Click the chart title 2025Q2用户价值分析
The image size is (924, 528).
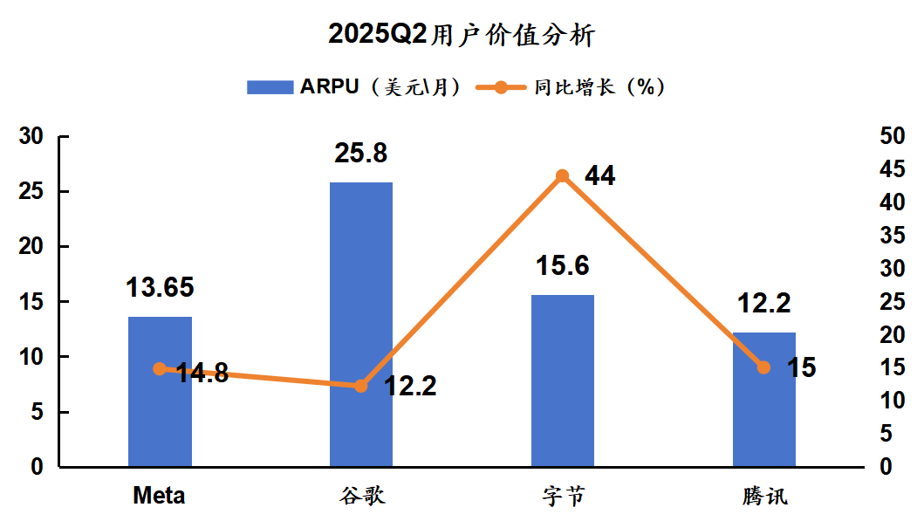pyautogui.click(x=462, y=35)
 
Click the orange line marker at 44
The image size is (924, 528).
pyautogui.click(x=563, y=176)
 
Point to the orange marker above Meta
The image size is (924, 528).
pyautogui.click(x=160, y=369)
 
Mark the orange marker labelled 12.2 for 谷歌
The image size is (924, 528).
pyautogui.click(x=361, y=386)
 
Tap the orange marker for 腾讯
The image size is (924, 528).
pyautogui.click(x=763, y=367)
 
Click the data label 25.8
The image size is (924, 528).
pyautogui.click(x=361, y=154)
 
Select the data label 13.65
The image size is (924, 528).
pyautogui.click(x=160, y=287)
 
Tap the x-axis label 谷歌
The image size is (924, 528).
pyautogui.click(x=361, y=497)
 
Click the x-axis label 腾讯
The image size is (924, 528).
pyautogui.click(x=763, y=497)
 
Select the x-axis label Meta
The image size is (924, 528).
pyautogui.click(x=160, y=497)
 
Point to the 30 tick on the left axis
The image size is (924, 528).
pyautogui.click(x=31, y=137)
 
